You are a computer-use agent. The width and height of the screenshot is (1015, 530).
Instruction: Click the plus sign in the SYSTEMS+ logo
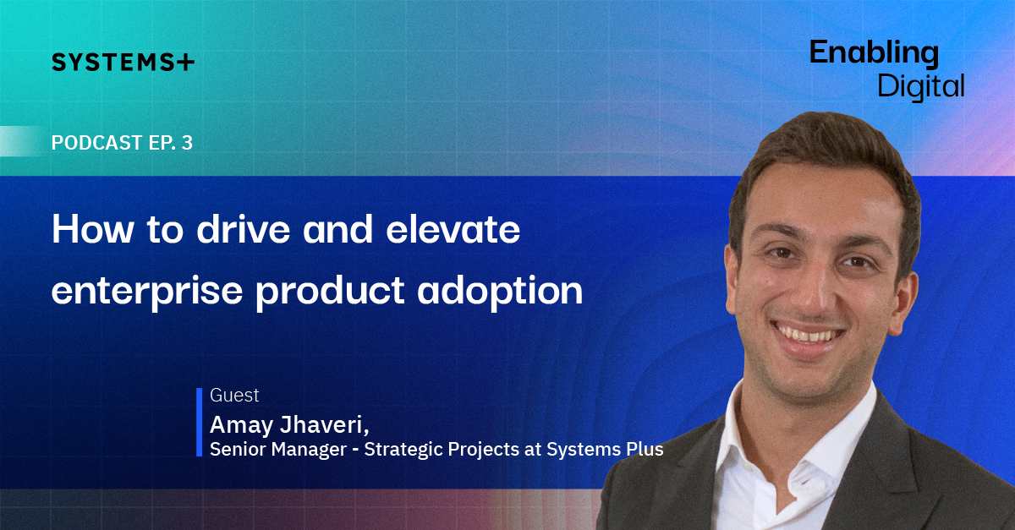185,62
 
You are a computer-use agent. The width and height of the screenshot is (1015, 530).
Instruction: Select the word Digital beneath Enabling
921,86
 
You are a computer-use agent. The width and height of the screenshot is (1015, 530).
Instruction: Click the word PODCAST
97,143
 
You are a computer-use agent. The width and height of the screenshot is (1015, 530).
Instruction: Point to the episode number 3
187,143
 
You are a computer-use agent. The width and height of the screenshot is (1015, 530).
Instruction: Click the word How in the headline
93,229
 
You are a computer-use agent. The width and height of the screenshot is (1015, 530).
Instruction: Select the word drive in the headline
244,229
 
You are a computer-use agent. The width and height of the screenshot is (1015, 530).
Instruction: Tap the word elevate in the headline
453,229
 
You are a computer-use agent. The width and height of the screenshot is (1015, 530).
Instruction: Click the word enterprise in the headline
147,292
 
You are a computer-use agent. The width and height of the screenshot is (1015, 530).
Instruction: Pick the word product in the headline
330,292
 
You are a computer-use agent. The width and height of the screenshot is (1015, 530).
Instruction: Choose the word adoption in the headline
500,292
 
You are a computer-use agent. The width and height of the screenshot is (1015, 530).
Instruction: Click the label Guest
234,396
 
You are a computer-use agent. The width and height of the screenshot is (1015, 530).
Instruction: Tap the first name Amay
242,426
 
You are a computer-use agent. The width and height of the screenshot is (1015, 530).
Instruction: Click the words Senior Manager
278,450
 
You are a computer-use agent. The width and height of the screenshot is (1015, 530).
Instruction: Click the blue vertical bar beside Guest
199,422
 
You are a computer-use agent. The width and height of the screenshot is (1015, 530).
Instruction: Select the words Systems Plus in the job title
605,450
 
